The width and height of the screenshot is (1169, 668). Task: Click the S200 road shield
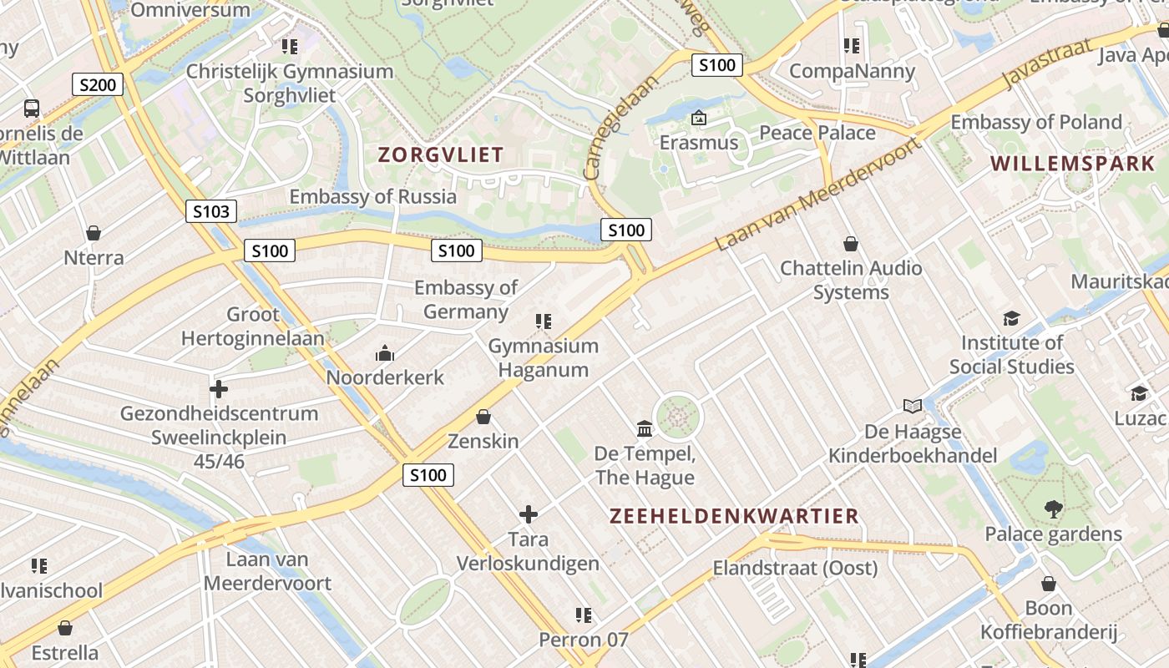pos(98,84)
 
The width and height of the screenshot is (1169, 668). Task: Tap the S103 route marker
pos(210,211)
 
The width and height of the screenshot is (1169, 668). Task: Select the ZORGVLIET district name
pos(441,154)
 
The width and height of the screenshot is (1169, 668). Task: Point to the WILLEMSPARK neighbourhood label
pos(1072,163)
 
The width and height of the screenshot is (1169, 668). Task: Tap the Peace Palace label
pos(817,133)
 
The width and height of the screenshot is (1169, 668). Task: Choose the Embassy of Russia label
pos(373,197)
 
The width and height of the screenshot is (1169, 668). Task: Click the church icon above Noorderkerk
pos(385,353)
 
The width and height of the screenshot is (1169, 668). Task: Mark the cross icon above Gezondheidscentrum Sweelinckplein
pos(219,389)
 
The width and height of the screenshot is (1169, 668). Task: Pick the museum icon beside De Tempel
pos(645,429)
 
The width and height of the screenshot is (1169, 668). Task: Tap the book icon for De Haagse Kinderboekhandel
pos(913,407)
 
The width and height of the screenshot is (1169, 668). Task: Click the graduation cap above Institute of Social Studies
pos(1011,318)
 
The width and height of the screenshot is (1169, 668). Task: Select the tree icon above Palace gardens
pos(1053,509)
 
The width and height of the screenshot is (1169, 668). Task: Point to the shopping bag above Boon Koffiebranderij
pos(1049,584)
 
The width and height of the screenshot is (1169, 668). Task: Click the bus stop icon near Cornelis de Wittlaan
pos(32,108)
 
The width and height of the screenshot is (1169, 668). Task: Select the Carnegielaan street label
pos(620,126)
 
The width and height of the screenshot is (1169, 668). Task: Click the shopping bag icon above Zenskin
pos(483,416)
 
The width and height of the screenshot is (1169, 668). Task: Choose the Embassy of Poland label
pos(1036,122)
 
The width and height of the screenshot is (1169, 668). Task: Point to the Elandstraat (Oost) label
pos(795,569)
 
